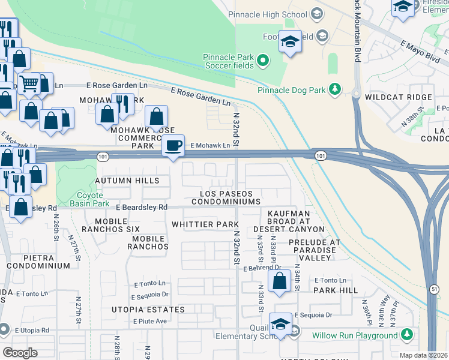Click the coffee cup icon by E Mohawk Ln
click(x=173, y=146)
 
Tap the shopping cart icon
click(x=29, y=83)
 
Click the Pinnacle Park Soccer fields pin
click(x=262, y=60)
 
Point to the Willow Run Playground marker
click(x=408, y=334)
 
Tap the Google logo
click(x=20, y=353)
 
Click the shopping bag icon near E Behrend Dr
click(x=279, y=281)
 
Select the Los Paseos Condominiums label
click(x=226, y=197)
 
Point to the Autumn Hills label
click(x=127, y=181)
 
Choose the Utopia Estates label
click(x=148, y=310)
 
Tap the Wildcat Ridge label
click(x=398, y=97)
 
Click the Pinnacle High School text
click(x=268, y=14)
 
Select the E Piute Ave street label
click(x=150, y=321)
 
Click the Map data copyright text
click(x=423, y=355)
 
